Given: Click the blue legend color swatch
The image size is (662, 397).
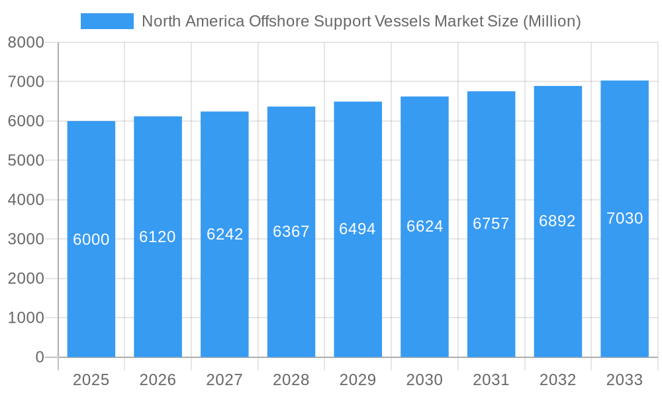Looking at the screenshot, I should [x=107, y=21].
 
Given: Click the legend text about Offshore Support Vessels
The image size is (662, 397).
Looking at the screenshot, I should [x=361, y=21].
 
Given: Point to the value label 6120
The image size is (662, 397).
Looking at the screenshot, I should [x=158, y=237].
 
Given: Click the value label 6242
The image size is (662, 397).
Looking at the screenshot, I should [x=224, y=234].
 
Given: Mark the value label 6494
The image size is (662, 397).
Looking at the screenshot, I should [x=357, y=229].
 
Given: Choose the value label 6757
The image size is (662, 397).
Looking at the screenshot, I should [x=491, y=224].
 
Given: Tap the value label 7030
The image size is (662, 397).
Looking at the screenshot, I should [x=624, y=218].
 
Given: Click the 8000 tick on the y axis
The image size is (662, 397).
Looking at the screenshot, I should [x=26, y=42].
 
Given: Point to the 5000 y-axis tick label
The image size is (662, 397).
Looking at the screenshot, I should [x=26, y=160].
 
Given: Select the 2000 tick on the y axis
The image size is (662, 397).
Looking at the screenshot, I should [x=26, y=279].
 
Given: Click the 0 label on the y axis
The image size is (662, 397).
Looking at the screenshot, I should [x=39, y=357].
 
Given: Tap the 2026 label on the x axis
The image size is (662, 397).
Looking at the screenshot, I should [x=158, y=380].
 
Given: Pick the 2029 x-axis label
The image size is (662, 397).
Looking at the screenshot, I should [x=357, y=380].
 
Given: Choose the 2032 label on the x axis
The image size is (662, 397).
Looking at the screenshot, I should [x=557, y=380].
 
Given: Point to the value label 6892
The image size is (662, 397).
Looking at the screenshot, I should [x=557, y=221].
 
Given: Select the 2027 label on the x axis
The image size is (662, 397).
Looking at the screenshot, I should [x=224, y=380].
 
